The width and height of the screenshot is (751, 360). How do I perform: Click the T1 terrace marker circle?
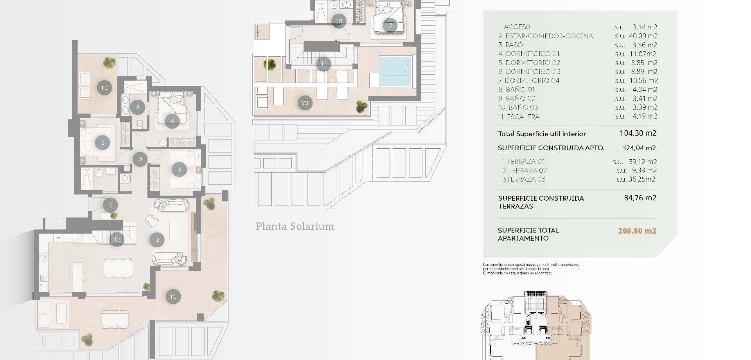[x=173, y=297]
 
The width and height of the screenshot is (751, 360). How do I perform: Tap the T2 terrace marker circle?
[x=104, y=88]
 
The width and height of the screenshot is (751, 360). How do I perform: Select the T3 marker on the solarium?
[x=305, y=103]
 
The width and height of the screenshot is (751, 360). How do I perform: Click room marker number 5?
[x=103, y=142]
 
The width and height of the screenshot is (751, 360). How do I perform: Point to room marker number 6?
[x=180, y=169]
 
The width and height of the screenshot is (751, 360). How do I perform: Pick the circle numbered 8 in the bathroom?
[x=138, y=107]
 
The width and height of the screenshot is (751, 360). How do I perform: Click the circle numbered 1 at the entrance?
[x=111, y=205]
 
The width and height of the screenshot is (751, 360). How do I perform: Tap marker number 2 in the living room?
[x=157, y=240]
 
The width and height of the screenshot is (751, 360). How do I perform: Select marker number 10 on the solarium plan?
[x=338, y=21]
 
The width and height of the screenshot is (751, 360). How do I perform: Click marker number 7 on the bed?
[x=390, y=26]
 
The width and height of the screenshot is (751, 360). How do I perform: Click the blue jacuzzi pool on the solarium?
[x=396, y=71]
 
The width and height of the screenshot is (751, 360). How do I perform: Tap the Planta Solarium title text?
[x=295, y=226]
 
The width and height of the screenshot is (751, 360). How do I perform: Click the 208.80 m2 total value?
[x=637, y=231]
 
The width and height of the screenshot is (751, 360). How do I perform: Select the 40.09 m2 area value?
[x=643, y=36]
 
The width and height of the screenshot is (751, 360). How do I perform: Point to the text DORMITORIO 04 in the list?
[x=532, y=81]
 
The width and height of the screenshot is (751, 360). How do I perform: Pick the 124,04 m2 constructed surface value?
[x=639, y=148]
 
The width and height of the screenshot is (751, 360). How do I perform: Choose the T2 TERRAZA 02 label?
[x=522, y=170]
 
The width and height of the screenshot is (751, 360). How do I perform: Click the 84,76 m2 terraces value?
[x=640, y=198]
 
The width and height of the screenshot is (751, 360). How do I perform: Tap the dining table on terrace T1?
[x=115, y=319]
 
